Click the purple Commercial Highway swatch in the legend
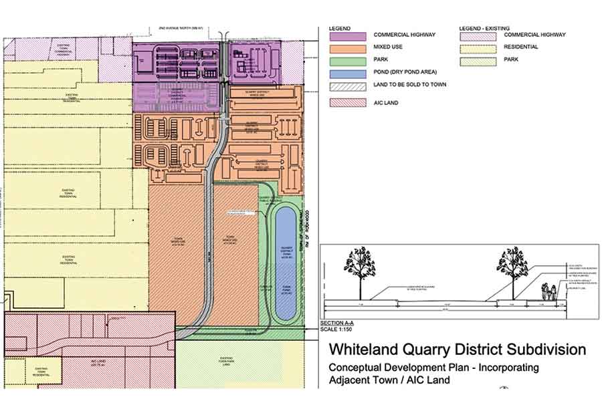coord(348,35)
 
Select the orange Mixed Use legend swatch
coord(348,48)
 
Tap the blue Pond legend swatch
coord(348,73)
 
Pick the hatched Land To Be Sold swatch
coord(348,86)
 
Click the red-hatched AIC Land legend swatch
coord(348,103)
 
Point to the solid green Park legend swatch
coord(348,61)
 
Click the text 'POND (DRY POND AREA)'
coord(405,73)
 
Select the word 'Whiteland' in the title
coord(365,350)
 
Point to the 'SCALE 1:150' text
coord(337,329)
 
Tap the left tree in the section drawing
coord(359,267)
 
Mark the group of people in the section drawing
coord(549,292)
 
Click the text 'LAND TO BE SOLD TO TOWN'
coord(410,85)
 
